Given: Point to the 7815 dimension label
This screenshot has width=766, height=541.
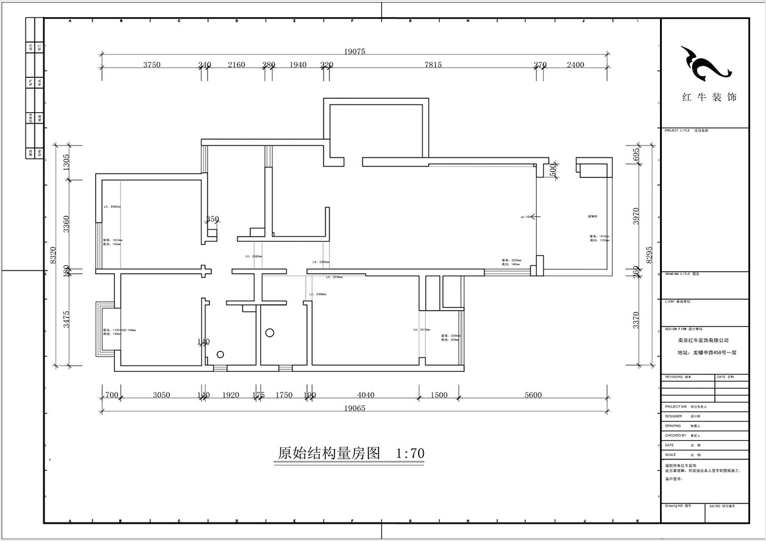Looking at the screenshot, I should (433, 65).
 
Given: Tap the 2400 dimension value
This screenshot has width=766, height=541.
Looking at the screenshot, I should (575, 65).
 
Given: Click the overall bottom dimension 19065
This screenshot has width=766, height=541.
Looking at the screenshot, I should (354, 408).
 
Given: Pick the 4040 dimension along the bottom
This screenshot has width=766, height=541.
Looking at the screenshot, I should (366, 396).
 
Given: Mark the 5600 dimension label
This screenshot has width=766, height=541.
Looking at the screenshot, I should (533, 396).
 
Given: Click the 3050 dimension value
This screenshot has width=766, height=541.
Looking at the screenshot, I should (161, 396).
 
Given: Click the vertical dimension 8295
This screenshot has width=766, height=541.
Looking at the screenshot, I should (650, 255).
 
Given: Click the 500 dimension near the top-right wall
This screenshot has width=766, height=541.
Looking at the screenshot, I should (553, 170).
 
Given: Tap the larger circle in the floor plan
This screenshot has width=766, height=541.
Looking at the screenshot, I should (270, 332).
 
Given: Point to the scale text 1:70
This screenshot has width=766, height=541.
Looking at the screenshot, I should (410, 454).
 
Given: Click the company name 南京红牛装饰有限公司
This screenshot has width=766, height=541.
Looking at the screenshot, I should (703, 341).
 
